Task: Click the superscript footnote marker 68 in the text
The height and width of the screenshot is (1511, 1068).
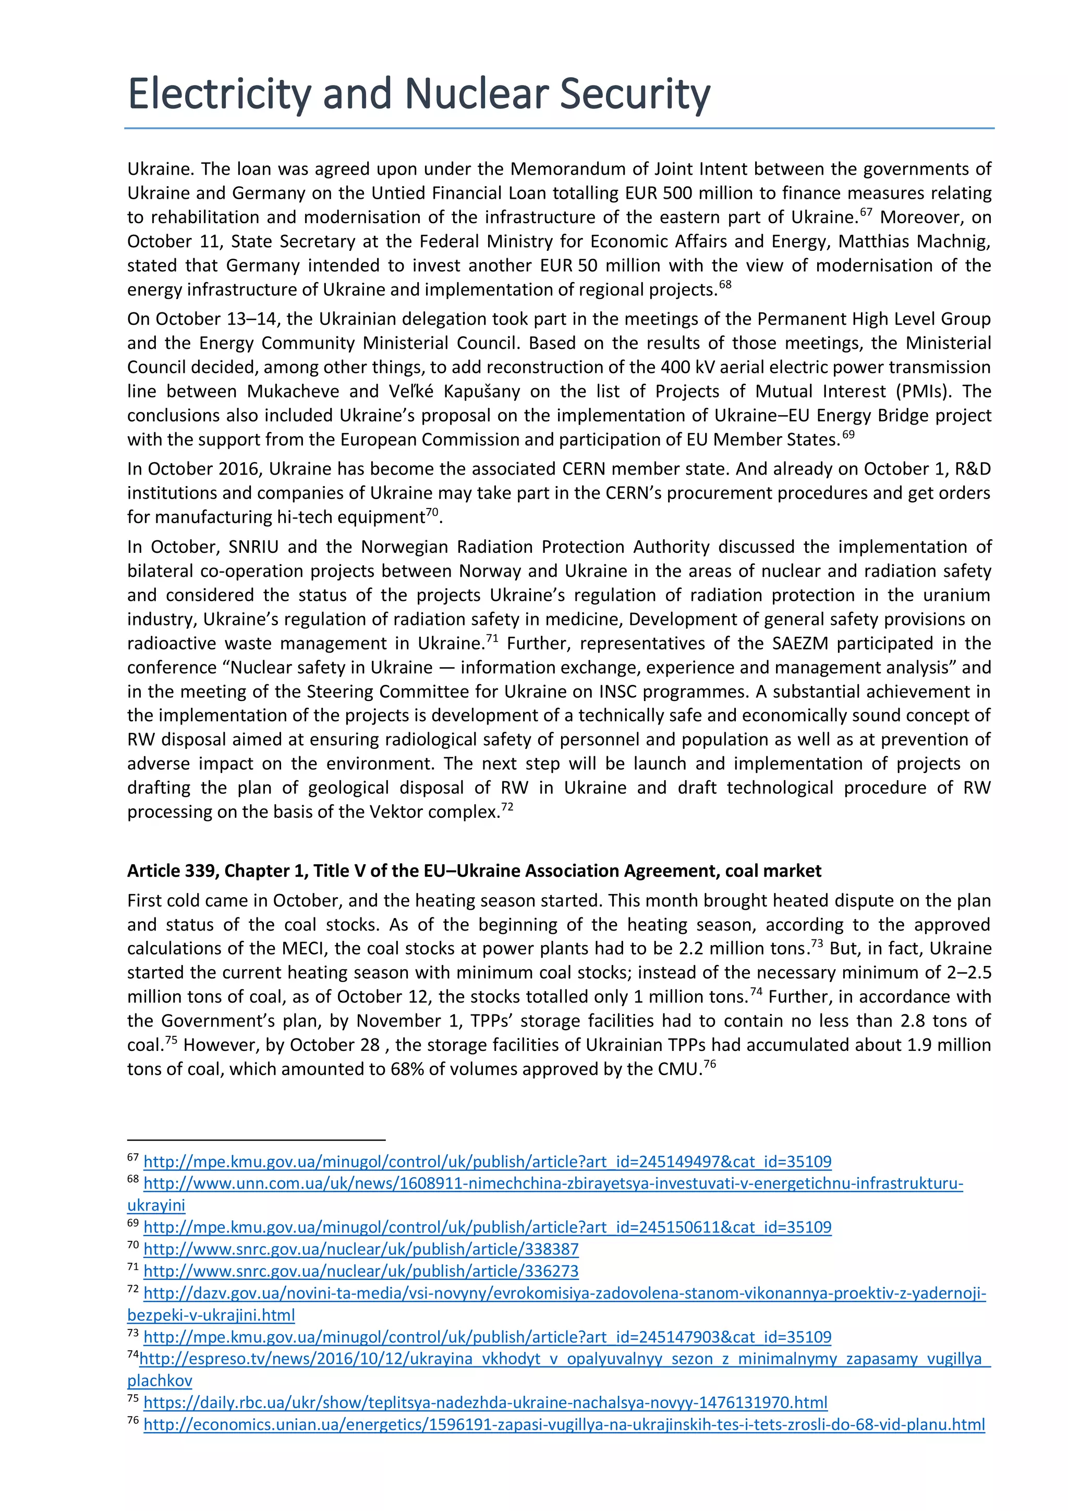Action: pos(724,285)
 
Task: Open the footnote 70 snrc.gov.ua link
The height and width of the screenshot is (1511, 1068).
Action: pos(360,1249)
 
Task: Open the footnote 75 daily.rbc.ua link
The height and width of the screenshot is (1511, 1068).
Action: pos(485,1403)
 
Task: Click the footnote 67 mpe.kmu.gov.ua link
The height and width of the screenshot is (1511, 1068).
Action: pos(487,1162)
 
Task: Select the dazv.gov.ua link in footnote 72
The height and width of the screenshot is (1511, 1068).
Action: pos(564,1293)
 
